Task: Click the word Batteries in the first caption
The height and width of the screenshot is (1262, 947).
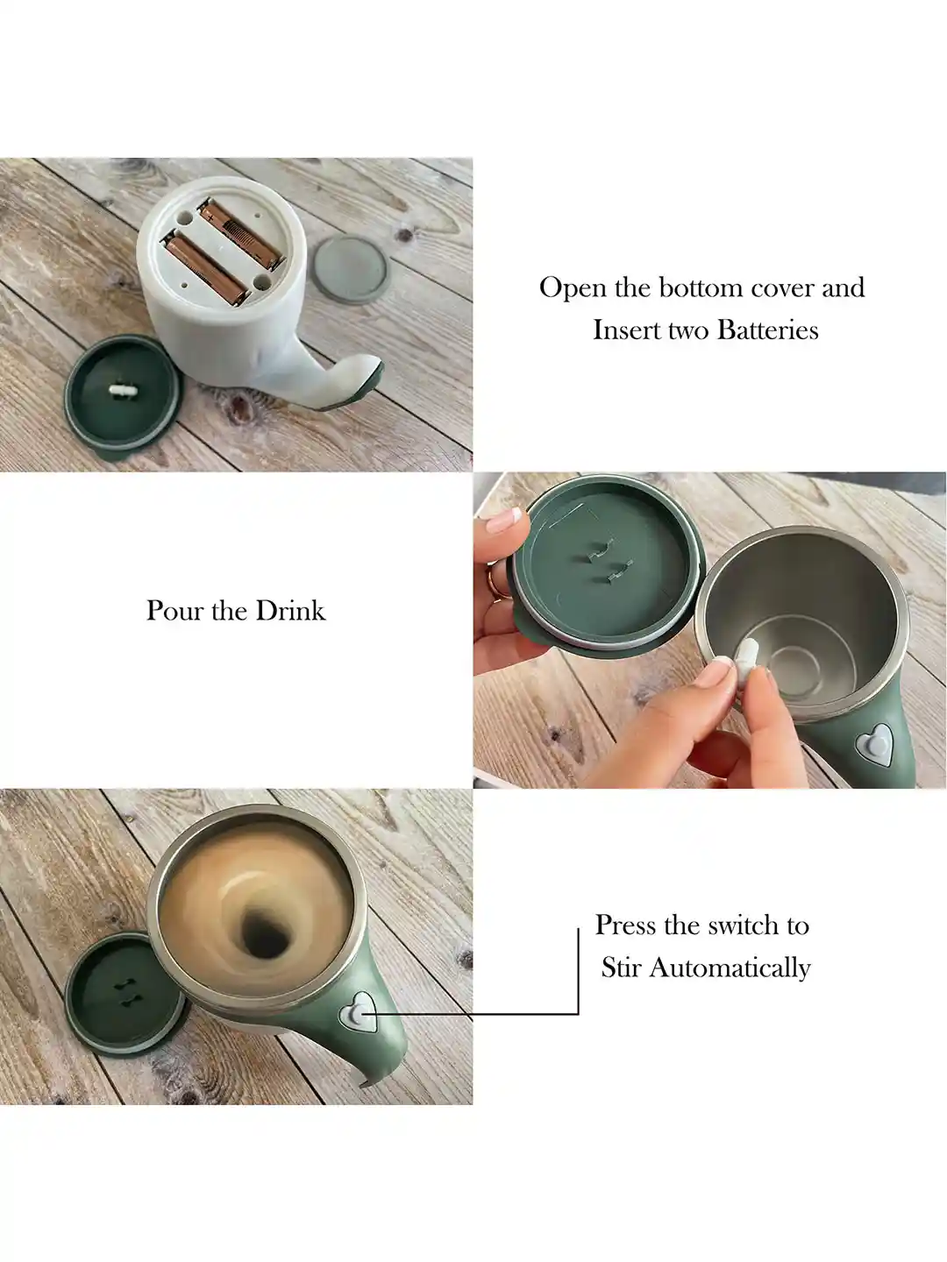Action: (768, 330)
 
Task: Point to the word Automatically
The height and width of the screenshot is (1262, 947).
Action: (730, 968)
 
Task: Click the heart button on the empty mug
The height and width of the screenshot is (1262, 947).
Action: (874, 745)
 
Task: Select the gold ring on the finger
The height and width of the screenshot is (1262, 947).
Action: (498, 582)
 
